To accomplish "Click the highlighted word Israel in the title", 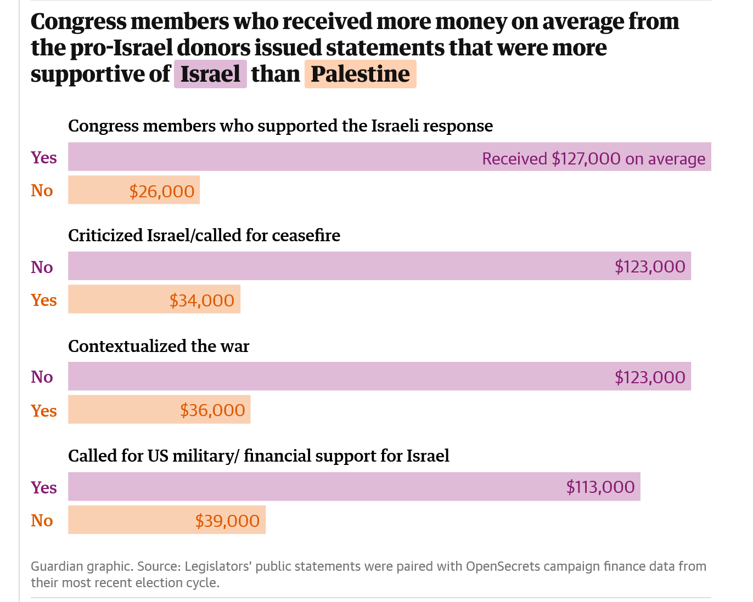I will [x=210, y=74].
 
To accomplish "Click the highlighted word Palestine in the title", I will [x=360, y=74].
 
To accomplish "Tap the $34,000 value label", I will [x=201, y=300].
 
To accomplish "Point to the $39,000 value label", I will [x=227, y=520].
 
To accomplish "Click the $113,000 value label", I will [x=600, y=487].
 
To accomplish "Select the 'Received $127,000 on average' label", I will [x=593, y=158].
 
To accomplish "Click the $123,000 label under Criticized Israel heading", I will [x=650, y=266].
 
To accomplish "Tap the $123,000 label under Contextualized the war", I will [x=650, y=377].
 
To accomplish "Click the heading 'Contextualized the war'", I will [x=159, y=346].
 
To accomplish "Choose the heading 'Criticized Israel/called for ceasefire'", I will [x=204, y=235].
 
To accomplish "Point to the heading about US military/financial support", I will [x=259, y=456].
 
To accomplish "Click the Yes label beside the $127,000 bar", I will [x=44, y=157].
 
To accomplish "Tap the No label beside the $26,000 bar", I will [x=42, y=190].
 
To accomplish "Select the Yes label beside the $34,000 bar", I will [x=44, y=300].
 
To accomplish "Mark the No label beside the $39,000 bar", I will [x=42, y=520].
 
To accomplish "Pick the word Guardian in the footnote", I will [x=56, y=566].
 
